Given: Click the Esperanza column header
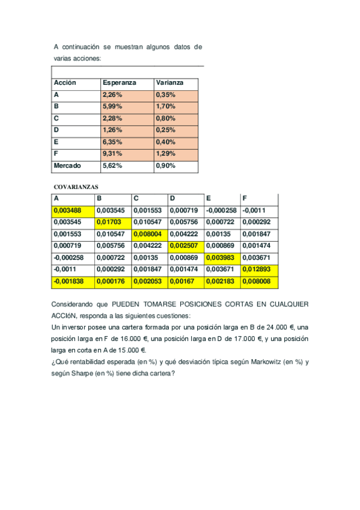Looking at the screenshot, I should pos(120,82).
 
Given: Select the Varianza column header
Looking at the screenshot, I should pos(169,82).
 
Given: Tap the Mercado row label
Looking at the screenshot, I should pos(67,165).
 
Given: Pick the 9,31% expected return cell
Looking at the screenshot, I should pos(112,153).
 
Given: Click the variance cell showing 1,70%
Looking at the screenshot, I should pos(165,106).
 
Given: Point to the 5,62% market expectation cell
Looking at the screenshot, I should pos(112,165).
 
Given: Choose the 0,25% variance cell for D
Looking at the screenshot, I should pos(165,130).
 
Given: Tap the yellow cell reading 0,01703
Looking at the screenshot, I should pos(108,223).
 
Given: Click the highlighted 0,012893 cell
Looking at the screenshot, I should pos(256,269).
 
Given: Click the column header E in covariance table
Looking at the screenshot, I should pos(209,198).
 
